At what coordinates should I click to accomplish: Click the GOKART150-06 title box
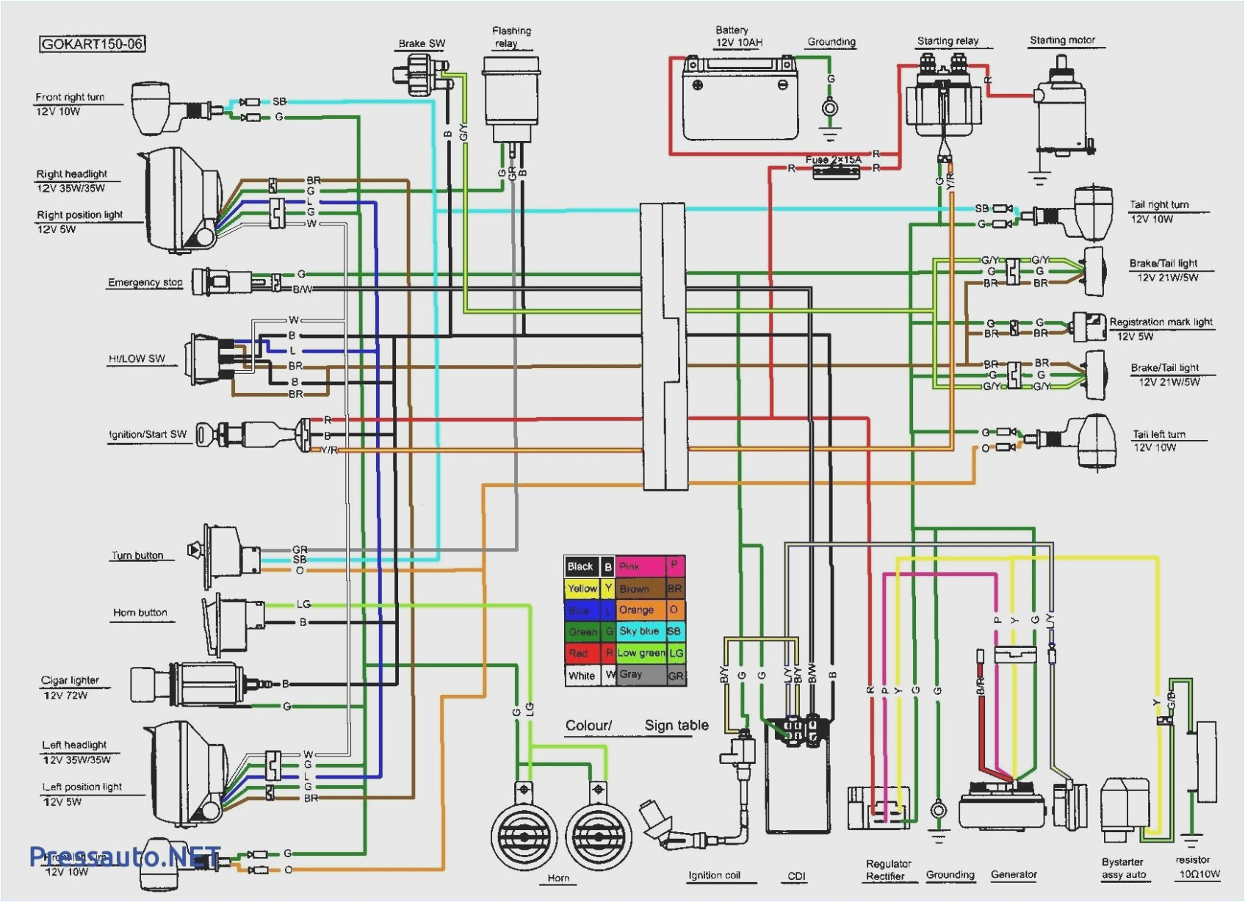[x=92, y=44]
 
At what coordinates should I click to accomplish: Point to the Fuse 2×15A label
[x=833, y=159]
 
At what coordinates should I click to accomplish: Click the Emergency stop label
[x=145, y=282]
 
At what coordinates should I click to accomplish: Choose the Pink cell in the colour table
[x=640, y=566]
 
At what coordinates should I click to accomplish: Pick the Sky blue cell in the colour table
[x=640, y=631]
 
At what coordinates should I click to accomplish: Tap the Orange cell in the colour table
[x=640, y=610]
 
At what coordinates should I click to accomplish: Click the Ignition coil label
[x=713, y=875]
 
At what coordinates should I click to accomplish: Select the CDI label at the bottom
[x=796, y=876]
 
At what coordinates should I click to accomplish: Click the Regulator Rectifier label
[x=887, y=870]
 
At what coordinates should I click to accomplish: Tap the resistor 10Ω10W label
[x=1198, y=867]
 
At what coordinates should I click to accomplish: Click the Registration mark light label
[x=1160, y=322]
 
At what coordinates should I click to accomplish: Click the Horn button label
[x=140, y=613]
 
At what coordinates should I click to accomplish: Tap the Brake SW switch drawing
[x=419, y=74]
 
